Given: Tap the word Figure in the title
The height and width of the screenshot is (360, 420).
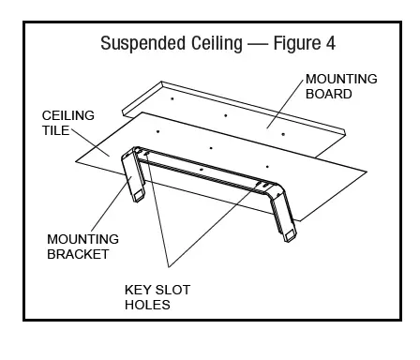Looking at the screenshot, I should [290, 44].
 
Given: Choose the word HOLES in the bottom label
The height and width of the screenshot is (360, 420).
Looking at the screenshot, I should [146, 305].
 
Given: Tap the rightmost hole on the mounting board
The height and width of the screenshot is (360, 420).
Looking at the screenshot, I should [282, 134].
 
